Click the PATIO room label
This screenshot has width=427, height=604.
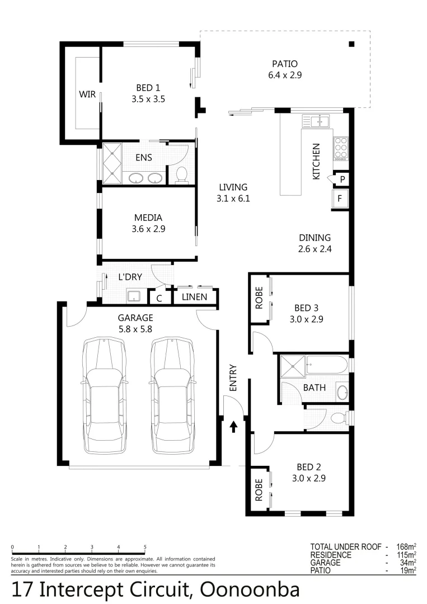coord(285,64)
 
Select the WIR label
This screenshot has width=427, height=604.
coord(87,94)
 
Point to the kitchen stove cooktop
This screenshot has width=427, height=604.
coord(340,148)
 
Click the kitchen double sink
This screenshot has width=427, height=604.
coord(316,121)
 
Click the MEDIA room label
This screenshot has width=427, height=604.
coord(148,218)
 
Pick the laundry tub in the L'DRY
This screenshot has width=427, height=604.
coord(134,296)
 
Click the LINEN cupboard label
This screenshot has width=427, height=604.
coord(195,297)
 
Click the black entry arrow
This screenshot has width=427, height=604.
coord(233,428)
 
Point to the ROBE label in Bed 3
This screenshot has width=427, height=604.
coord(259,298)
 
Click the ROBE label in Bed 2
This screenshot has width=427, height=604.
coord(259,489)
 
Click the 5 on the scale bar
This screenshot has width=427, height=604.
coord(145,548)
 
